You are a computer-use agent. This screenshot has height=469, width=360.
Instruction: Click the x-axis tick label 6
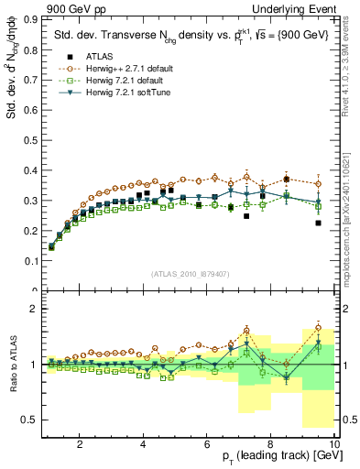[207, 445]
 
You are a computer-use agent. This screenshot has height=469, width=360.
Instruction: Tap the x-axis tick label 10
[334, 445]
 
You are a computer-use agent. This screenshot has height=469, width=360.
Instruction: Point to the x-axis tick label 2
[80, 445]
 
